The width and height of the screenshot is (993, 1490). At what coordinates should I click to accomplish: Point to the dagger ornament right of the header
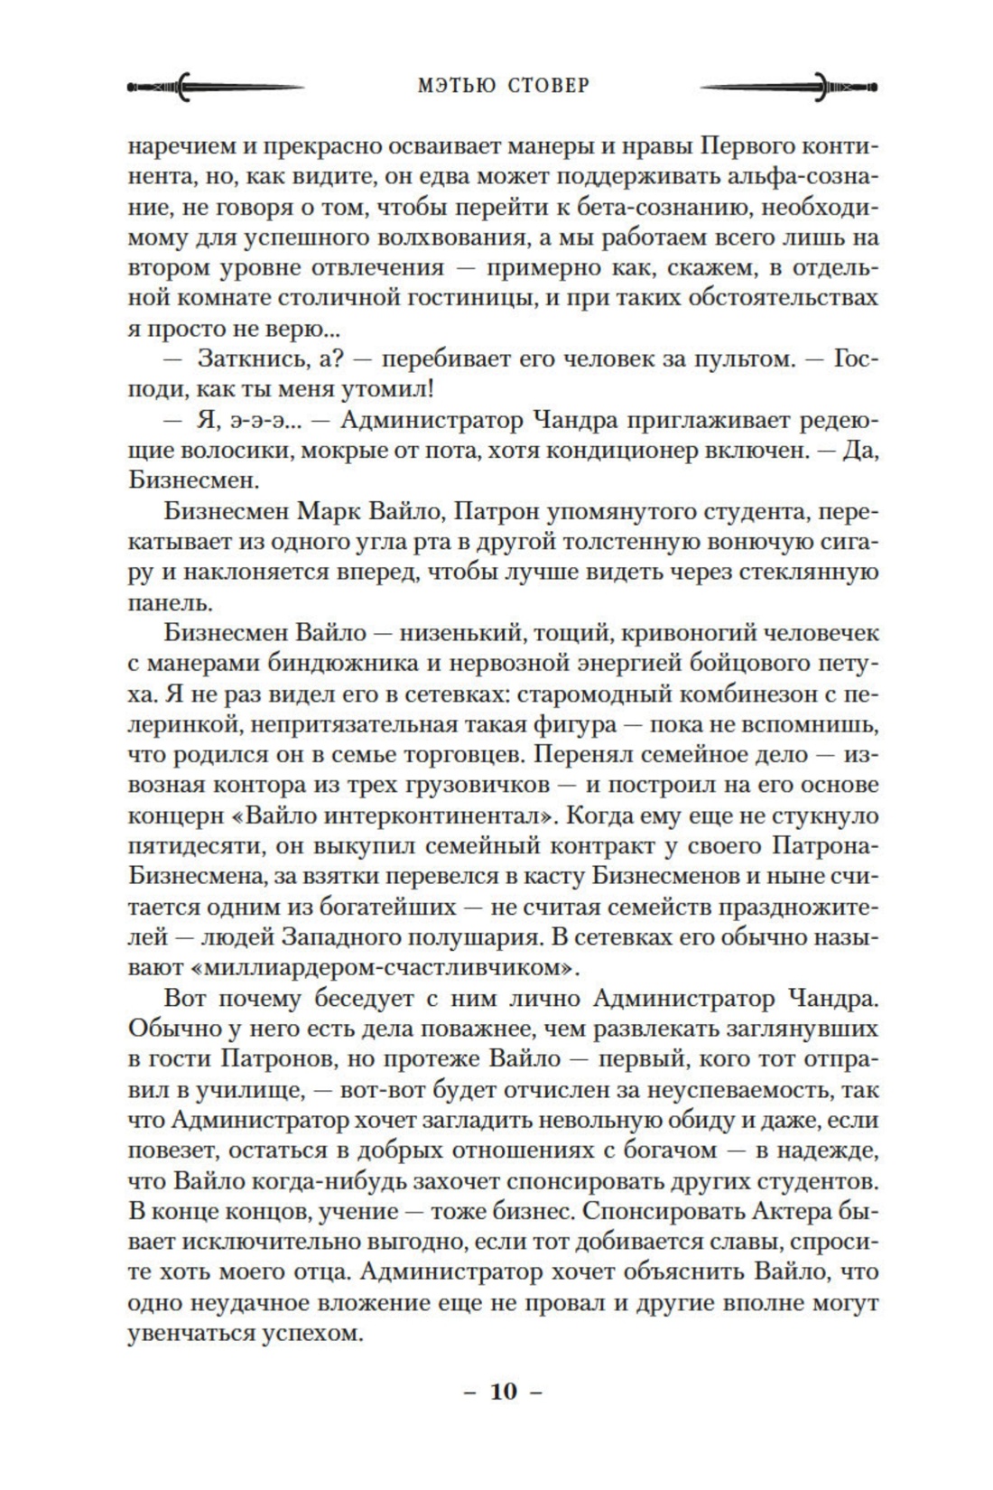tap(788, 88)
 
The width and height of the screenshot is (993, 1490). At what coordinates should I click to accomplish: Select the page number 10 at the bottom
tap(504, 1392)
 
